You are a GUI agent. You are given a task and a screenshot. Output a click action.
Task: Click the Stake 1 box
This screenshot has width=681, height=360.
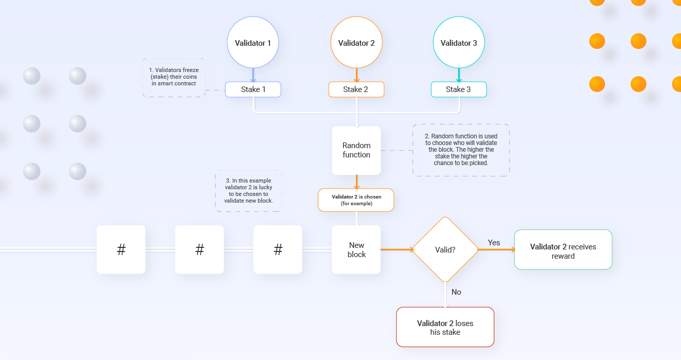253,89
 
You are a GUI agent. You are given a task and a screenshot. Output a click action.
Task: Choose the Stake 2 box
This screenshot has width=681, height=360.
356,89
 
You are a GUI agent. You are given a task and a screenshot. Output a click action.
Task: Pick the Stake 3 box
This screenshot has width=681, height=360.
459,89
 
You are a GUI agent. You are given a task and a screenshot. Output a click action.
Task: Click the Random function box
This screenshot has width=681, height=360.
356,150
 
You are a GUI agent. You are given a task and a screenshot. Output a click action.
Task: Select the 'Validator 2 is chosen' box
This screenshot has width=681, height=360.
356,200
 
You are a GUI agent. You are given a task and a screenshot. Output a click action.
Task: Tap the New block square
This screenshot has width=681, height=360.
356,249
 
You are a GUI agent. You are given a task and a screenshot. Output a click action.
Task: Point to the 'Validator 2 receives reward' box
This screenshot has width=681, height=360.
563,249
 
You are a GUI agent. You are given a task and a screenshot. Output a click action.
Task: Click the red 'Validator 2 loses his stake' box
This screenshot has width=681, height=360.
445,327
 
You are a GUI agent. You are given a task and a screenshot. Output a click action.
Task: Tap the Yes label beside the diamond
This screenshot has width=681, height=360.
494,243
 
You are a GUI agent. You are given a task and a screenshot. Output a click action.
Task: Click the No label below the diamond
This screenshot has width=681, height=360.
456,292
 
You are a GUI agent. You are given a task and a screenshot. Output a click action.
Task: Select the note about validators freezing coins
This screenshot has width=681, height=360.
174,78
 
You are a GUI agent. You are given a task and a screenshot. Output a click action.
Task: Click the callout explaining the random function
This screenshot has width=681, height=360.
461,150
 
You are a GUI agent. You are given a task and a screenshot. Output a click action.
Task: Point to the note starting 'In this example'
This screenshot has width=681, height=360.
248,191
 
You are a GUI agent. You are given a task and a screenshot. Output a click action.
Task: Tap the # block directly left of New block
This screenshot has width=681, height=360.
278,249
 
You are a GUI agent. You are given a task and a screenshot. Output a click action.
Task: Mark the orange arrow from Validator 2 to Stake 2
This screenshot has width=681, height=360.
356,75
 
